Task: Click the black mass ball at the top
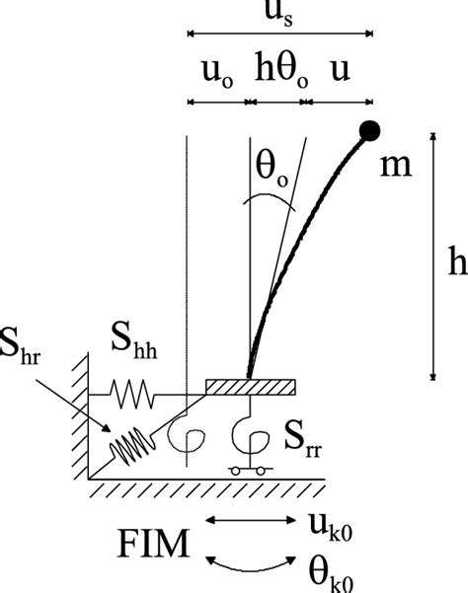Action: tap(371, 129)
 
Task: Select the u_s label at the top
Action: tap(279, 16)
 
